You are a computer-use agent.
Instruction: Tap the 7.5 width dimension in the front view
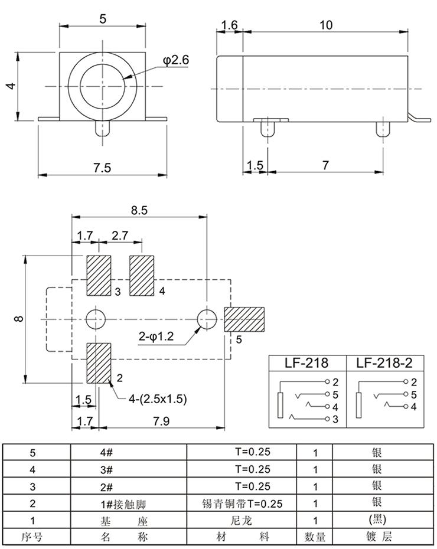click(102, 167)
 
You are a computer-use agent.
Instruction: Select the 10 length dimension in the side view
click(325, 25)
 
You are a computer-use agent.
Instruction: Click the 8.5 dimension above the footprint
click(140, 209)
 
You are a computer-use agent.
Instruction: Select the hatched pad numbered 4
click(142, 275)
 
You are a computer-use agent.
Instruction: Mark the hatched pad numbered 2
click(99, 362)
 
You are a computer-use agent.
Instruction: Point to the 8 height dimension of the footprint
click(19, 319)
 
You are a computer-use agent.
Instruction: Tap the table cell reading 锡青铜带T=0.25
click(243, 504)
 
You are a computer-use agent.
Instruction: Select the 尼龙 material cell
click(243, 521)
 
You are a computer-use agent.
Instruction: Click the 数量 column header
click(315, 537)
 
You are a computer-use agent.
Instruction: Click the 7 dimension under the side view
click(325, 166)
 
